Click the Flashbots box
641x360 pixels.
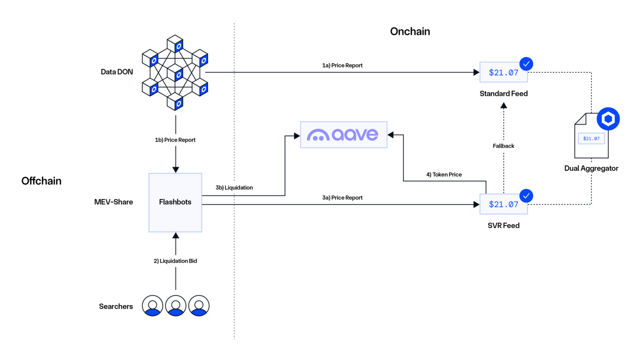175,202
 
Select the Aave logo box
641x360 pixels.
343,134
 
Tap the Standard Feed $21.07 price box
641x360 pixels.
503,73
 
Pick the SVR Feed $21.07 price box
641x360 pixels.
503,204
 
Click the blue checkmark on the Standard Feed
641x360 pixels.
526,64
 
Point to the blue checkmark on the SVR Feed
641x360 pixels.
526,196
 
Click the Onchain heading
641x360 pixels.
410,31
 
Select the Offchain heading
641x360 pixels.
41,181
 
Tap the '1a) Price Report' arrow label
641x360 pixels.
342,66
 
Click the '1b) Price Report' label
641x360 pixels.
175,140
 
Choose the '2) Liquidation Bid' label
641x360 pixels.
175,261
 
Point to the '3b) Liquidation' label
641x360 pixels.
234,188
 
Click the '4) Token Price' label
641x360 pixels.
444,175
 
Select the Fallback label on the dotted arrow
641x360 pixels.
503,146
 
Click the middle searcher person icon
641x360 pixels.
176,306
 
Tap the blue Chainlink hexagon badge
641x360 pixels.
608,119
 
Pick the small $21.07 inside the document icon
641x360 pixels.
591,139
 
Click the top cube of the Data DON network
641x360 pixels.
175,44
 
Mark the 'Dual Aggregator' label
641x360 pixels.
591,168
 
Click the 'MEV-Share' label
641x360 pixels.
114,202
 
